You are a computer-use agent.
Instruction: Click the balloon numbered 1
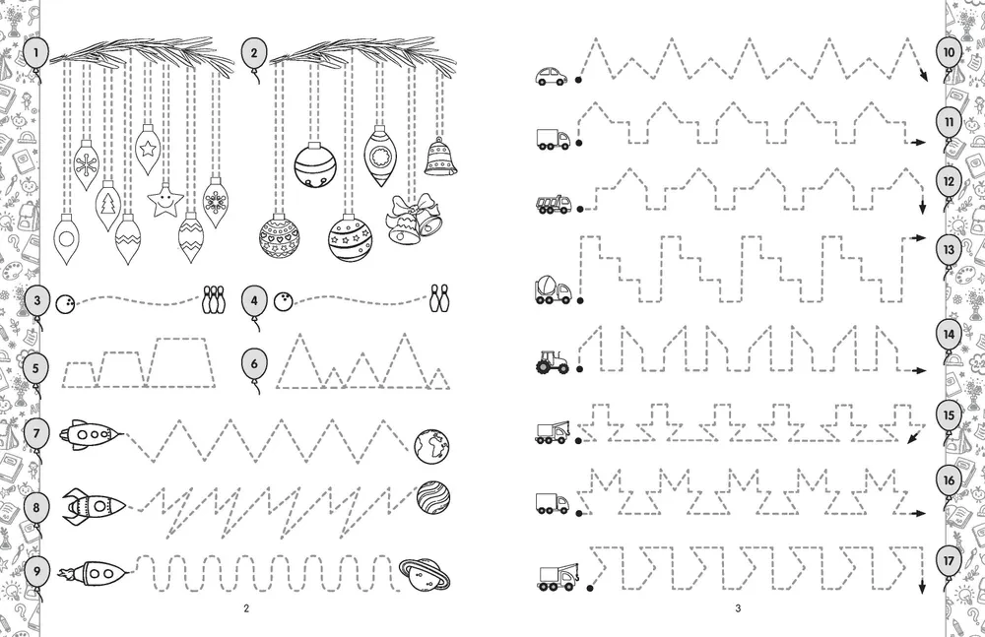[x=35, y=54]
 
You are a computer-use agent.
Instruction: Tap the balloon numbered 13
[x=949, y=251]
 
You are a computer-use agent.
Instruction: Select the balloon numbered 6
[x=254, y=365]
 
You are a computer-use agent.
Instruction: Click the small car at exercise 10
[x=552, y=76]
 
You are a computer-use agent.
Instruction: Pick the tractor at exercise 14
[x=553, y=362]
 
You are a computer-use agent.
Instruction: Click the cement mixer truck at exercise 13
[x=553, y=289]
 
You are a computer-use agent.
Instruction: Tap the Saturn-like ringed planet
[x=425, y=575]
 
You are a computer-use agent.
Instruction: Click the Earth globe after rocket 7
[x=432, y=447]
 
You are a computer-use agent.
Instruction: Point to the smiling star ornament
[x=165, y=201]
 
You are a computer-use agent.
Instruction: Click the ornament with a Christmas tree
[x=108, y=205]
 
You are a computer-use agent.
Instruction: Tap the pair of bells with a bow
[x=414, y=219]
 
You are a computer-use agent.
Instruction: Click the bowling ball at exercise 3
[x=65, y=303]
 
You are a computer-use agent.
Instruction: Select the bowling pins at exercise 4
[x=438, y=298]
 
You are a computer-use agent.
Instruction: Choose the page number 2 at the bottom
[x=246, y=608]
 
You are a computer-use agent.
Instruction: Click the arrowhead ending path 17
[x=922, y=588]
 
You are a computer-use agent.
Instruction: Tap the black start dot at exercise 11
[x=579, y=143]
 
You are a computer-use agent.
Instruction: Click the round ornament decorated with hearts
[x=280, y=237]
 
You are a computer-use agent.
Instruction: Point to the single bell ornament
[x=440, y=157]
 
